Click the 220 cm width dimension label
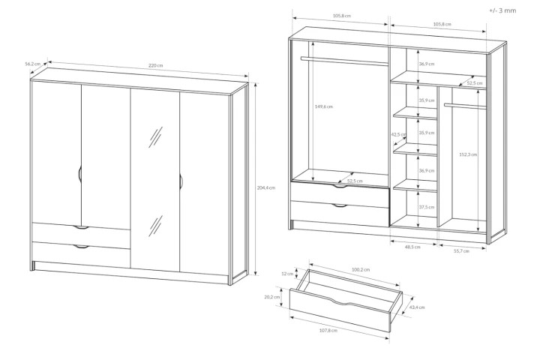pyautogui.click(x=154, y=66)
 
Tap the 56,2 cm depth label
pyautogui.click(x=31, y=64)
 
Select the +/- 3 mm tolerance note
pyautogui.click(x=502, y=11)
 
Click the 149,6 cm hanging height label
pyautogui.click(x=323, y=106)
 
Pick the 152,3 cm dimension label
pyautogui.click(x=467, y=155)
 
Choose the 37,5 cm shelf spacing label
pyautogui.click(x=426, y=208)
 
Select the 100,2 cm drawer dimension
pyautogui.click(x=360, y=269)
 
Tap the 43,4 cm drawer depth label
pyautogui.click(x=418, y=307)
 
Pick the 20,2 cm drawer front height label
pyautogui.click(x=272, y=297)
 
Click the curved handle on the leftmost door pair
pyautogui.click(x=79, y=174)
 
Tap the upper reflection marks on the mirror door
pyautogui.click(x=156, y=137)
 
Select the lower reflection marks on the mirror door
pyautogui.click(x=156, y=224)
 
